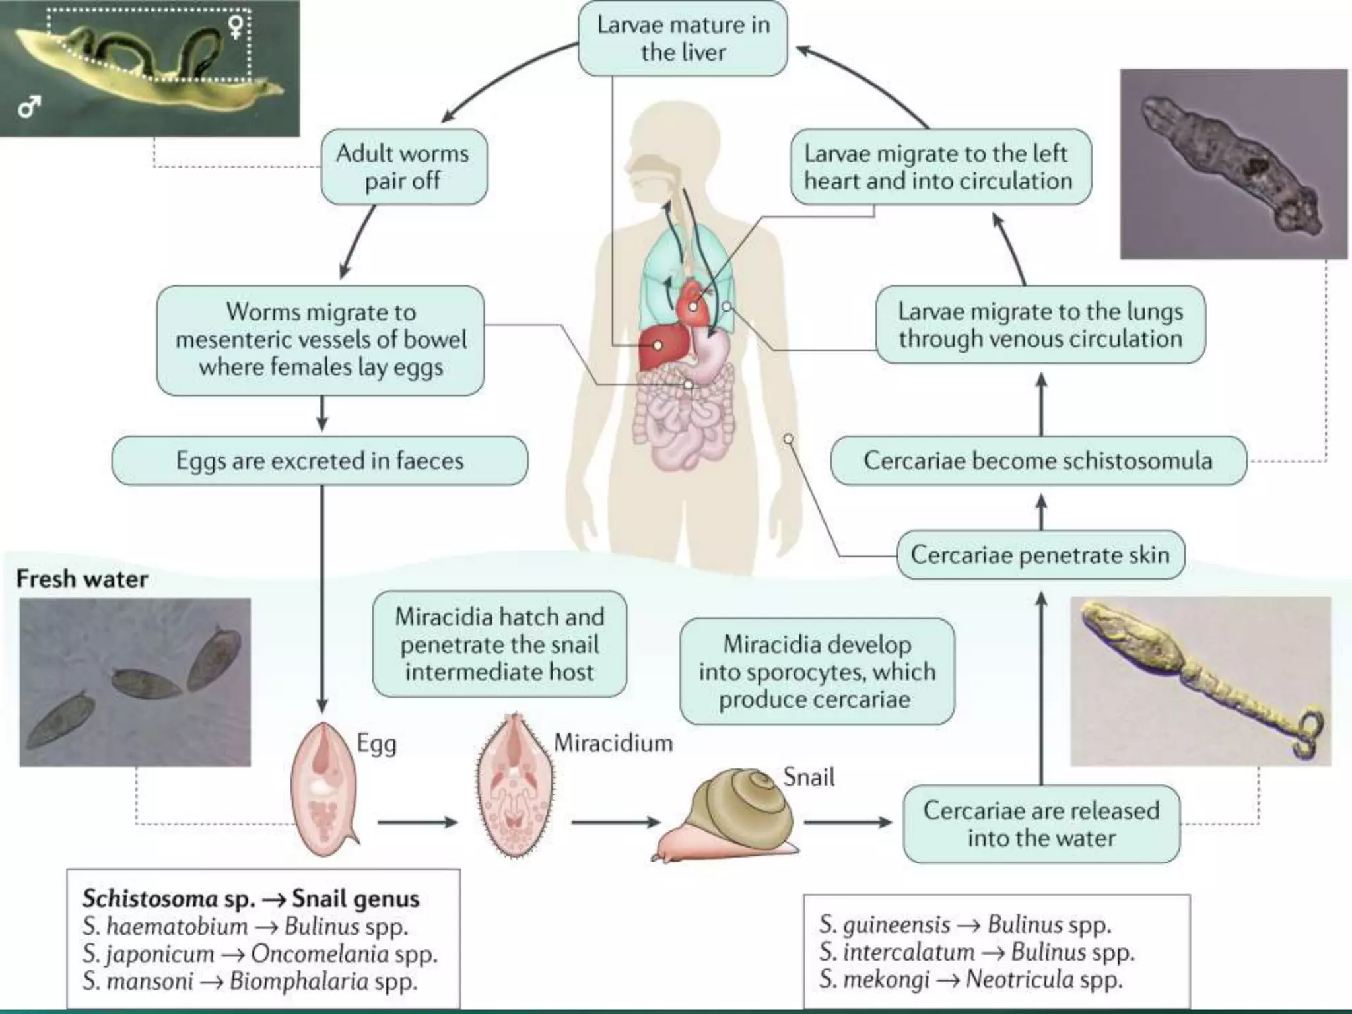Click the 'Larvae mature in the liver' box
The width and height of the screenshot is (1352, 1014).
683,38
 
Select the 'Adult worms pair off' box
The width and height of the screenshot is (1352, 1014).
403,166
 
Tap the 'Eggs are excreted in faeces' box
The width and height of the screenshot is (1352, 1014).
320,460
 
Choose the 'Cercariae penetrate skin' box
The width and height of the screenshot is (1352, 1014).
1040,555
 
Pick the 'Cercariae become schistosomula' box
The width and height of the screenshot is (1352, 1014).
1038,460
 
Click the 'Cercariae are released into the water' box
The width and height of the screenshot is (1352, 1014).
1041,823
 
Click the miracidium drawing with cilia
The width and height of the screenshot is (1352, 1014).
514,786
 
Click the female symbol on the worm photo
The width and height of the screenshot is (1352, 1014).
236,26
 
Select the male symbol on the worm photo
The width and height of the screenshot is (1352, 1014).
29,106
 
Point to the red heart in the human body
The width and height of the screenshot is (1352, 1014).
693,304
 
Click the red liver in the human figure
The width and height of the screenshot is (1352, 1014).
662,346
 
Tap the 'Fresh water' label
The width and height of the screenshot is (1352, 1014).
82,579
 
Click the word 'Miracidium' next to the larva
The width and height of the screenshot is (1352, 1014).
613,743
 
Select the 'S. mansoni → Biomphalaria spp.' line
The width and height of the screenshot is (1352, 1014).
250,981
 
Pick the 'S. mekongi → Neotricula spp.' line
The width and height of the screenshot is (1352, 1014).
970,979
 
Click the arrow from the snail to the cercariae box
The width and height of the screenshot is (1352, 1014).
848,823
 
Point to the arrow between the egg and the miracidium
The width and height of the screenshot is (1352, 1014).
417,823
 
